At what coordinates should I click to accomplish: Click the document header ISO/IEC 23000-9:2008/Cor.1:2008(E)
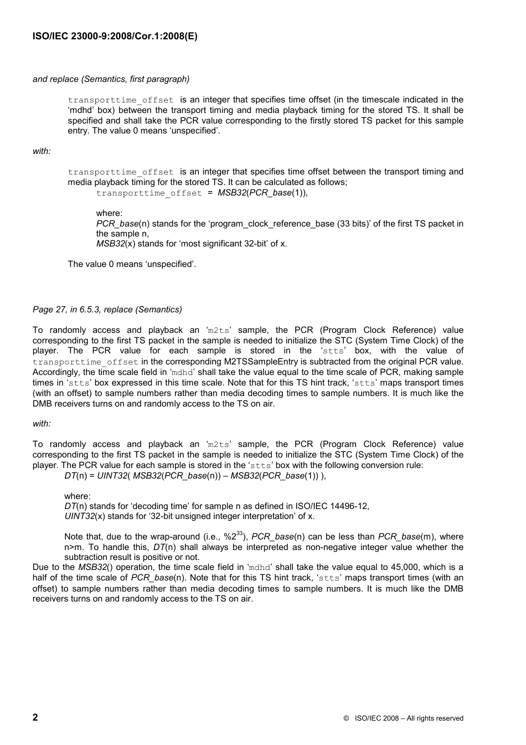click(x=115, y=37)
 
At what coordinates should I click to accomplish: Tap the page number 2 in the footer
click(x=35, y=717)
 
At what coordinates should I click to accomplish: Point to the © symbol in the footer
click(x=345, y=718)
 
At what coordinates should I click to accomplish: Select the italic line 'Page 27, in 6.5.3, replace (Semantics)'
click(x=107, y=310)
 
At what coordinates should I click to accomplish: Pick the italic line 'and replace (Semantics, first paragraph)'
click(x=111, y=79)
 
